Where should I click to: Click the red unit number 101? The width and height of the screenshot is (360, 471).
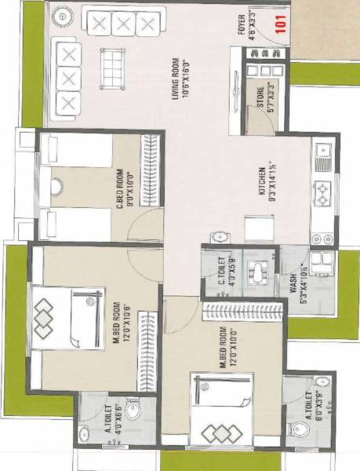[x=278, y=24]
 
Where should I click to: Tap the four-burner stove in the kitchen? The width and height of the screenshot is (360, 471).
[x=322, y=192]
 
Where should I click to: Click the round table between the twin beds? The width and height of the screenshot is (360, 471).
[x=57, y=187]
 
